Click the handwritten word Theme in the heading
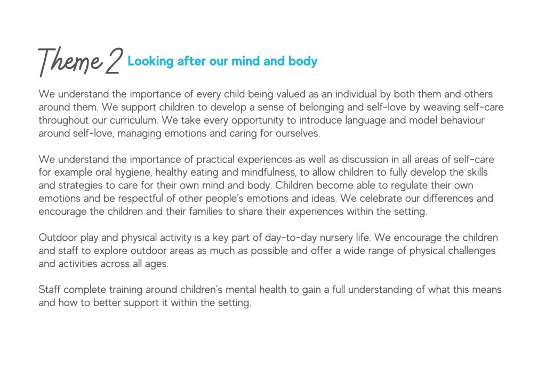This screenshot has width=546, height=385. click(x=69, y=62)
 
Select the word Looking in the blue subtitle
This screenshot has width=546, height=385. click(x=143, y=61)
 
